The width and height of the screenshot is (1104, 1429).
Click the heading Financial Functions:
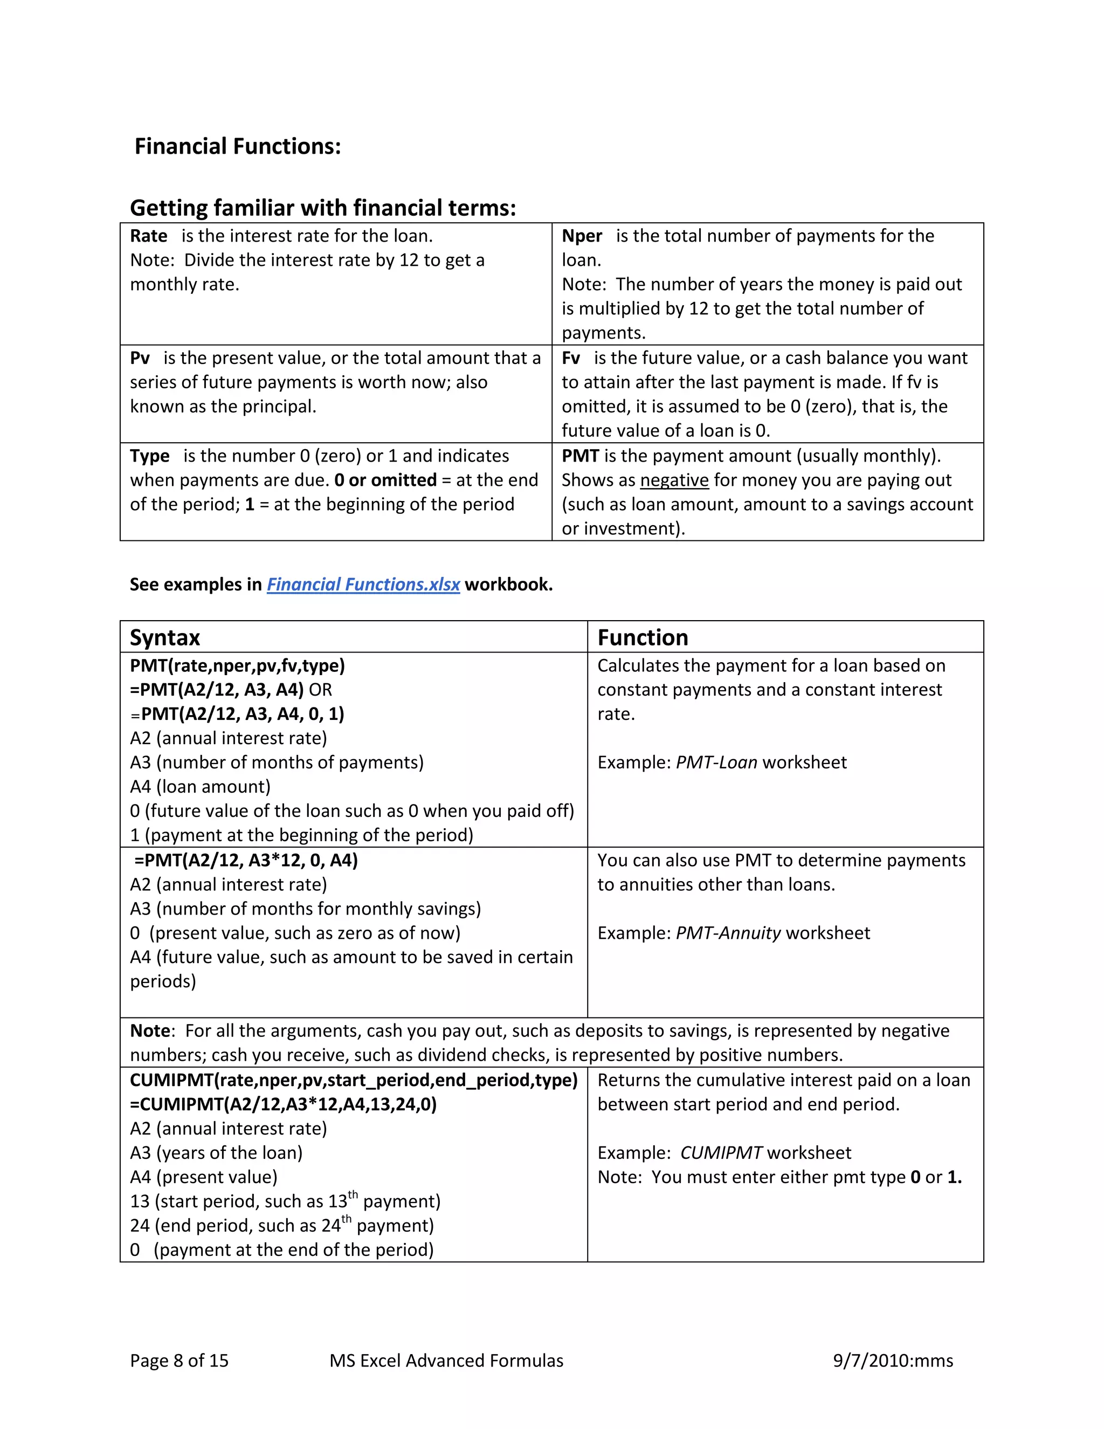pos(237,147)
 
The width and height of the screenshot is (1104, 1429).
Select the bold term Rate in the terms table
pos(148,236)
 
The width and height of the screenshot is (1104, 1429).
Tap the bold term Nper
pos(582,236)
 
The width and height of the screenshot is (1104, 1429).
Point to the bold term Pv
pos(140,359)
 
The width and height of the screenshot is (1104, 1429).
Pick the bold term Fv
pos(570,359)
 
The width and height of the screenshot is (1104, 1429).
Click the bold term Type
pos(149,456)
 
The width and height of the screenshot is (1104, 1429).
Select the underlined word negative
pos(674,480)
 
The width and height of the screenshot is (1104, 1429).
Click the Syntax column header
pos(165,637)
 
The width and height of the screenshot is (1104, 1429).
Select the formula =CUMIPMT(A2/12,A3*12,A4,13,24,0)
pos(283,1104)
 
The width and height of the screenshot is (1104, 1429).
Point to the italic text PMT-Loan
pos(716,763)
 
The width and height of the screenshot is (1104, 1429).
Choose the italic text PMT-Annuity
pos(728,933)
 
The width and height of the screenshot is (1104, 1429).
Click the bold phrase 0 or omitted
pos(385,480)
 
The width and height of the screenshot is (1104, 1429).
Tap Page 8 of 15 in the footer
pos(179,1361)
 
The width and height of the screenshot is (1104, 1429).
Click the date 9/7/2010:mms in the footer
pos(892,1361)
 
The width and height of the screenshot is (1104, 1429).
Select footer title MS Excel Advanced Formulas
pos(446,1361)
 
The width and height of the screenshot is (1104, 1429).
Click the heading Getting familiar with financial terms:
pos(323,208)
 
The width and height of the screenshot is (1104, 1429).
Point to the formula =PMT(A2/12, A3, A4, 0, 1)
pos(243,714)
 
